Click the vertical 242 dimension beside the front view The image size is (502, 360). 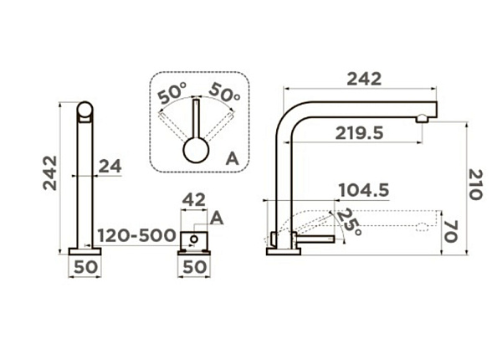click(x=50, y=173)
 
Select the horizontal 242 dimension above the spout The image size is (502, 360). click(x=364, y=79)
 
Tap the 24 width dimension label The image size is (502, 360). click(x=110, y=167)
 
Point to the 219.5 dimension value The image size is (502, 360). click(x=359, y=133)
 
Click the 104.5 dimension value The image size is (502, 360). click(x=364, y=190)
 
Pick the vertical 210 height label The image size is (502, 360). click(x=475, y=184)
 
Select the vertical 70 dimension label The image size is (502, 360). click(x=451, y=231)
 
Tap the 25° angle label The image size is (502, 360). click(x=349, y=222)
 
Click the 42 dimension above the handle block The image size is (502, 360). click(x=194, y=200)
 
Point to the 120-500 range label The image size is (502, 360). click(x=136, y=235)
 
